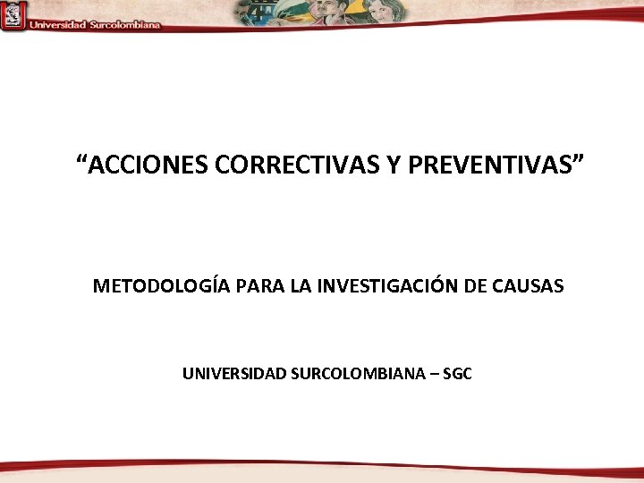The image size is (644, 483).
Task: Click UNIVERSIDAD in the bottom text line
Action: point(234,373)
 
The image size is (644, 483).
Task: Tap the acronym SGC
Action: point(457,373)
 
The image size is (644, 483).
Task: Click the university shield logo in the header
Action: point(13,15)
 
